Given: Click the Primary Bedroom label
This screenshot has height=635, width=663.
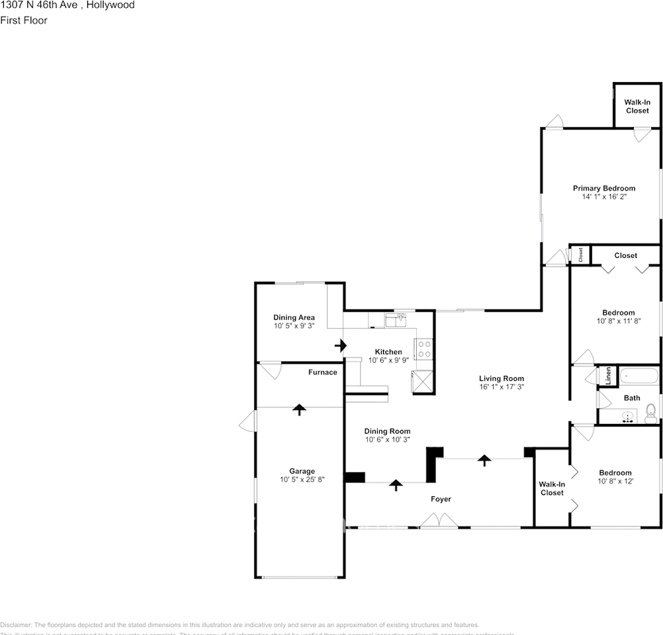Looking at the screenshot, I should pyautogui.click(x=603, y=189).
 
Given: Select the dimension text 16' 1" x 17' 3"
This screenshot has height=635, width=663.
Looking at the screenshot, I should pyautogui.click(x=501, y=387).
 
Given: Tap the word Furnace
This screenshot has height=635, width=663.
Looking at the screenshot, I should pyautogui.click(x=322, y=372).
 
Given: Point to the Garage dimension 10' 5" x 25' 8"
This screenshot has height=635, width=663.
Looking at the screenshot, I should pyautogui.click(x=302, y=480).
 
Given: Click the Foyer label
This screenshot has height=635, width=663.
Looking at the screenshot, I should pyautogui.click(x=441, y=499).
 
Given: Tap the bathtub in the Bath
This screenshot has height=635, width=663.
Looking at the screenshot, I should pyautogui.click(x=639, y=377).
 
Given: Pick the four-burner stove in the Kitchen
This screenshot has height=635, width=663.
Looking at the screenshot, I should pyautogui.click(x=423, y=349).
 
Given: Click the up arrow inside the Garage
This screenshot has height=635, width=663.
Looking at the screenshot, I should pyautogui.click(x=300, y=409).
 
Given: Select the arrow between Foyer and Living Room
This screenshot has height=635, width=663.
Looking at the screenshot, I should pyautogui.click(x=485, y=460).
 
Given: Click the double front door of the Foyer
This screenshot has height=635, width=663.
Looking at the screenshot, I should pyautogui.click(x=439, y=523).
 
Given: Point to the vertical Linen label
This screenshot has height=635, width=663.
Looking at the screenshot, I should pyautogui.click(x=607, y=376).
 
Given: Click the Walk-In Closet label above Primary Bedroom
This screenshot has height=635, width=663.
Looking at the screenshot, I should pyautogui.click(x=637, y=106).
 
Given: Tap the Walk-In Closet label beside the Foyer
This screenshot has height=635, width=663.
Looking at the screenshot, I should pyautogui.click(x=552, y=488).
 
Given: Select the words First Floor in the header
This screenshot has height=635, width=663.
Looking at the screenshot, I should pyautogui.click(x=24, y=21).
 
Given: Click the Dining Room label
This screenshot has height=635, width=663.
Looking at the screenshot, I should pyautogui.click(x=388, y=431).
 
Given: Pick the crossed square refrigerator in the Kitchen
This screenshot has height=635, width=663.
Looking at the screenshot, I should pyautogui.click(x=423, y=382).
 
